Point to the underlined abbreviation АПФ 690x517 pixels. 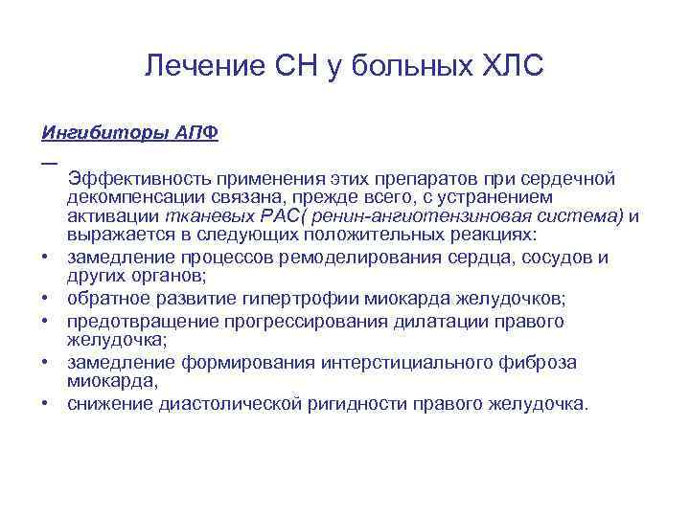(196, 132)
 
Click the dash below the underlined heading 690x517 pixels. (47, 160)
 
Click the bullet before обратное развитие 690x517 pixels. (46, 298)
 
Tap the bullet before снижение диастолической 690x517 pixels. (46, 403)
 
